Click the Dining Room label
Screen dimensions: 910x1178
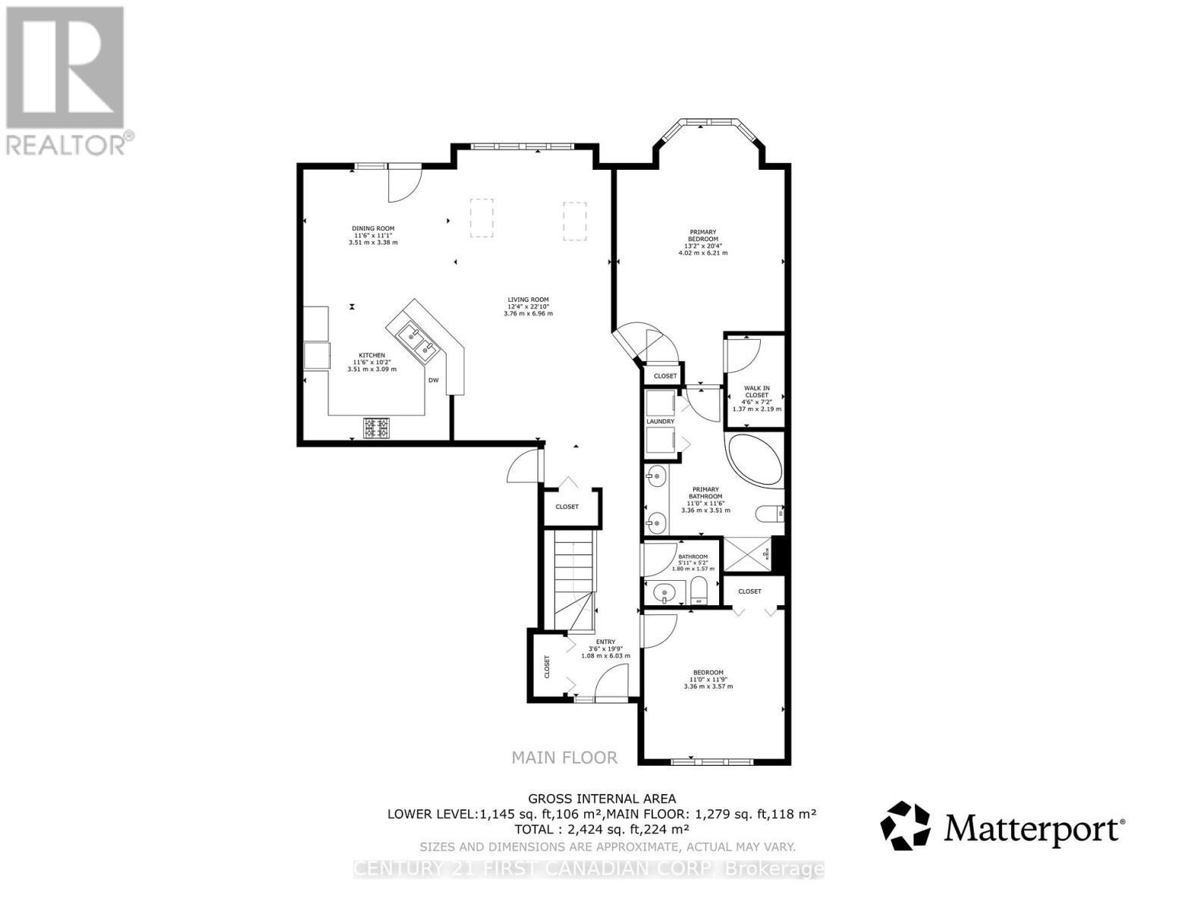tap(372, 235)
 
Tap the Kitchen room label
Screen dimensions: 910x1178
tap(372, 362)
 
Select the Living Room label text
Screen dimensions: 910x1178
tap(528, 306)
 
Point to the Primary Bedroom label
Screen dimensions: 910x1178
tap(702, 242)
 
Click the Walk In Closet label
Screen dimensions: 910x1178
tap(756, 398)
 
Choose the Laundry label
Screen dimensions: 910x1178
tap(660, 422)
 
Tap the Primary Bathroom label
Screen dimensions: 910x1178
tap(703, 500)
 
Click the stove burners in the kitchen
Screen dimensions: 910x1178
tap(377, 428)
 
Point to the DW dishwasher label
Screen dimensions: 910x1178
tap(434, 381)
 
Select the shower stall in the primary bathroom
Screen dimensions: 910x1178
tap(746, 554)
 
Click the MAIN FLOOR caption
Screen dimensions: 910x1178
tap(564, 757)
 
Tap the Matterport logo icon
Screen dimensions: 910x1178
tap(905, 826)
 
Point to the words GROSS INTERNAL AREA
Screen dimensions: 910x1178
tap(602, 799)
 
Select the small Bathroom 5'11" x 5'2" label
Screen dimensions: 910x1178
tap(693, 563)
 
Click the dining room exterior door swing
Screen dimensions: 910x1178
tap(403, 184)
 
